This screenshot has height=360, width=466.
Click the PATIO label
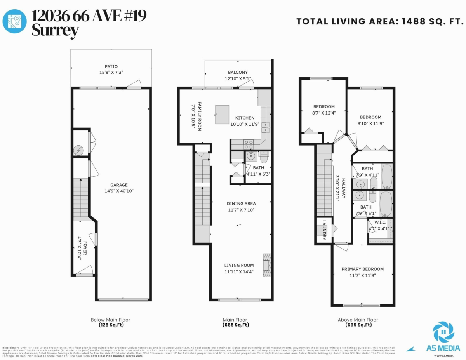point(111,66)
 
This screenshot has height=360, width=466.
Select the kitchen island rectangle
point(222,114)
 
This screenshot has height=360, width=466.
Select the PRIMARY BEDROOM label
point(362,269)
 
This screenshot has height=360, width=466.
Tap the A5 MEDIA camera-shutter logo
point(443,331)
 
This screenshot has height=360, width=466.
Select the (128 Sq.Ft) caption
point(111,325)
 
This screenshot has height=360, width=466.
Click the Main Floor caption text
point(236,320)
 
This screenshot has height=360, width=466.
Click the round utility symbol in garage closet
point(79,149)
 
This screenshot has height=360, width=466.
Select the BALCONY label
point(238,73)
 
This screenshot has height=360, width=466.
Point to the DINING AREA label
point(241,203)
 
